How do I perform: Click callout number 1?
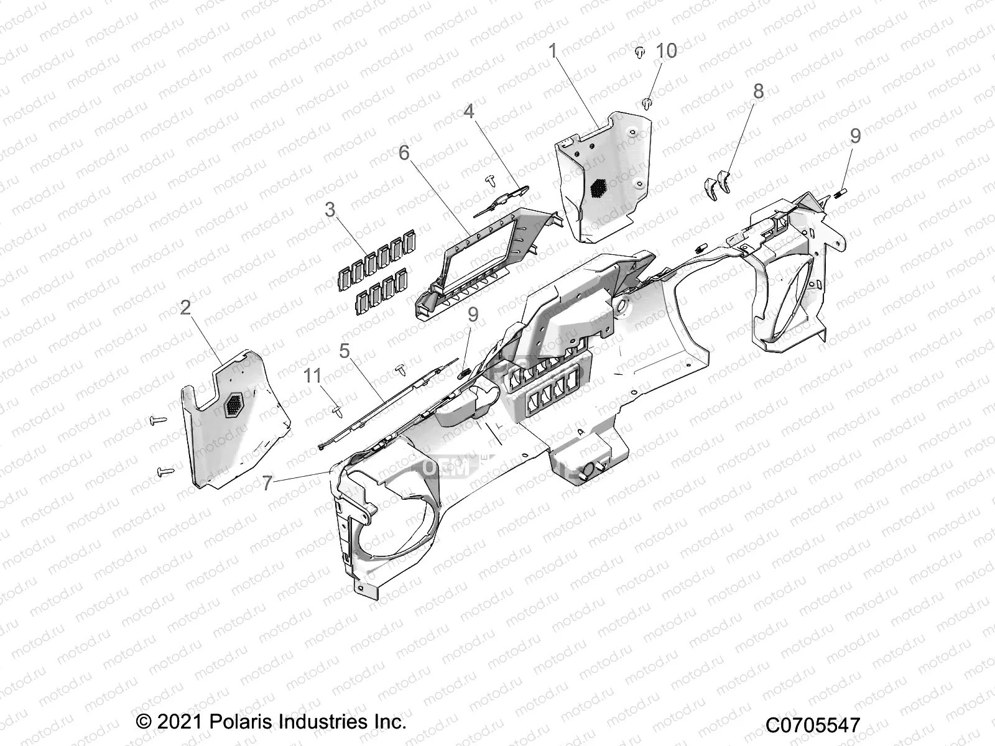click(x=552, y=51)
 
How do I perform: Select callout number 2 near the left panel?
click(x=185, y=307)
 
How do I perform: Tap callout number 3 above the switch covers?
click(x=330, y=210)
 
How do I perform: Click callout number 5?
click(x=345, y=351)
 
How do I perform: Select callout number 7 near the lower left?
click(x=268, y=482)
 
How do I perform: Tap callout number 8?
click(x=758, y=91)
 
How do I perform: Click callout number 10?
click(x=667, y=51)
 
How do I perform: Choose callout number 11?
click(x=313, y=375)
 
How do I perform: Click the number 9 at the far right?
click(x=855, y=136)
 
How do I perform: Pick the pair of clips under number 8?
click(x=716, y=184)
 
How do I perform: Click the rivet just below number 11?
click(x=320, y=410)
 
